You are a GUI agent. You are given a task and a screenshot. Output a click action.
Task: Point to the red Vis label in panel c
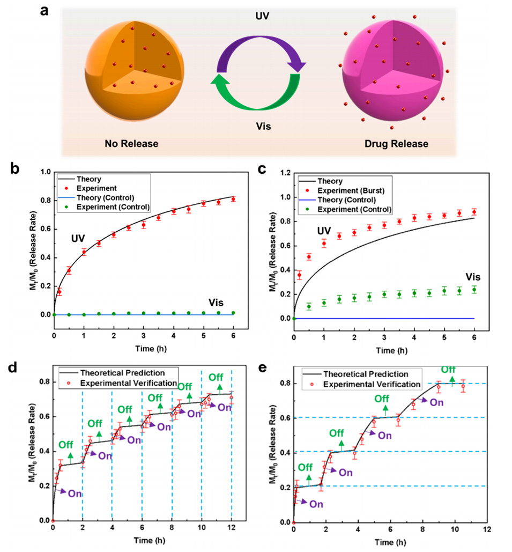tap(472, 277)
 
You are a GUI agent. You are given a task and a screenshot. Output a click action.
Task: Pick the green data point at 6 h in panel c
tap(473, 290)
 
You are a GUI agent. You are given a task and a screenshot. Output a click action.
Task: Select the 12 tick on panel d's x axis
tap(231, 529)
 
